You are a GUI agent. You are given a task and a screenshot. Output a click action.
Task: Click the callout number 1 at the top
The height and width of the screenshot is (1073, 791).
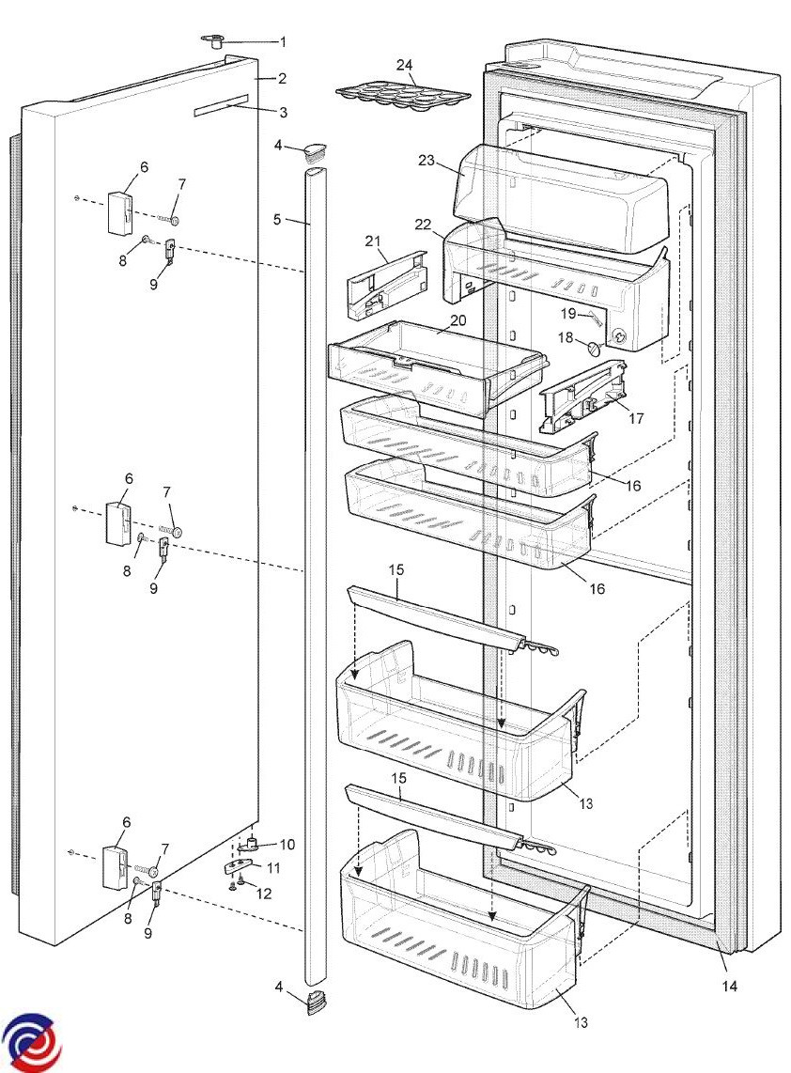click(284, 42)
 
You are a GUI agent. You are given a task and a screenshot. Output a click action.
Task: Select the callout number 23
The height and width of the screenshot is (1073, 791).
click(427, 161)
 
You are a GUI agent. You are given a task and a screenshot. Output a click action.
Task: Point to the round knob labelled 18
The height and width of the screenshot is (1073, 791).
click(594, 349)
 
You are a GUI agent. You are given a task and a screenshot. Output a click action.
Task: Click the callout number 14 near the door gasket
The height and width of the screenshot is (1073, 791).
click(730, 987)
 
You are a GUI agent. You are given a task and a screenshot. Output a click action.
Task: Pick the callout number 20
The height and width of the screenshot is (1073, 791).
click(458, 319)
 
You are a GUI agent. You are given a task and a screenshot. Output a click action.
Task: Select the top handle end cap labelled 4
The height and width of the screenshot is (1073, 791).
click(314, 151)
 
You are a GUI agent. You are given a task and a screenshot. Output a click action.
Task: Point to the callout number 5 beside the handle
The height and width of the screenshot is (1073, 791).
click(277, 220)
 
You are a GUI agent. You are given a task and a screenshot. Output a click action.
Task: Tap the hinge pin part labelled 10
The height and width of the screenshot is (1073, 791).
click(251, 844)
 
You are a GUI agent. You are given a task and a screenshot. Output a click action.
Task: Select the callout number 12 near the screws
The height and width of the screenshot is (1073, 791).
click(263, 893)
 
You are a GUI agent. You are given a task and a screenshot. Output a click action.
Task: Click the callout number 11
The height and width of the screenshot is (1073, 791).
click(273, 868)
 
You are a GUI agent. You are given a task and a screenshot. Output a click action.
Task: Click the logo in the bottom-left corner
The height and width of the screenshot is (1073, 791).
click(30, 1041)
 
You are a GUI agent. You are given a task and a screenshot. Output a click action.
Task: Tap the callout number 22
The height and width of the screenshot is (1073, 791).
click(423, 225)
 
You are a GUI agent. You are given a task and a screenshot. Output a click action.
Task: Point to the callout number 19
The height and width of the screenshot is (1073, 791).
click(568, 314)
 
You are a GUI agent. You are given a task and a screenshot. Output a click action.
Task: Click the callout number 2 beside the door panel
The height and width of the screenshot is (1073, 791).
click(282, 79)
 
